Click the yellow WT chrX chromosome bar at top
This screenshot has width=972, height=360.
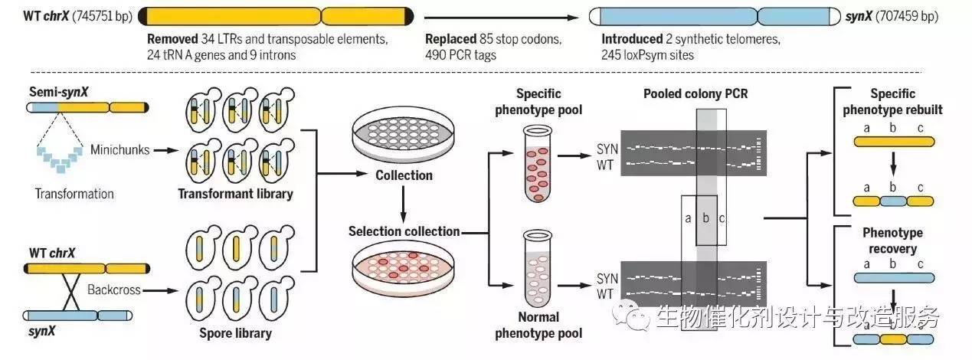276,15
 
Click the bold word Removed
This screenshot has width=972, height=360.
173,38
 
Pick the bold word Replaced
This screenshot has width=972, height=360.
450,38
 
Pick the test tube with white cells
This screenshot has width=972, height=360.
538,268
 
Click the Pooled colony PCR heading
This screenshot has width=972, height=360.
696,93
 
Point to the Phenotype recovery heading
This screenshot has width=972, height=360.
892,241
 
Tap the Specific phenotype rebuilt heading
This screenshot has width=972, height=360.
892,102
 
